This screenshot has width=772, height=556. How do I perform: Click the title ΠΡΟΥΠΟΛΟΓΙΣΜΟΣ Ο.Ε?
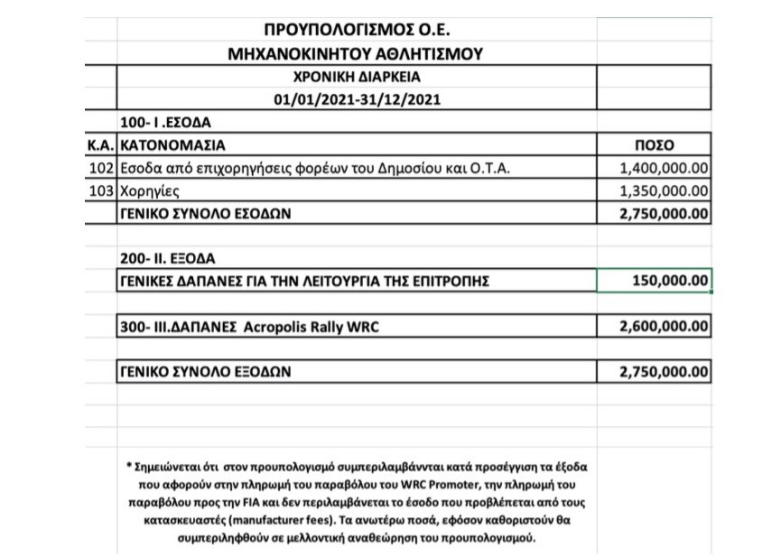point(355,32)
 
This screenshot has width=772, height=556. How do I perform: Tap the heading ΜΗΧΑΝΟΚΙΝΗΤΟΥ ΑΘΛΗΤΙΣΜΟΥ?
point(355,54)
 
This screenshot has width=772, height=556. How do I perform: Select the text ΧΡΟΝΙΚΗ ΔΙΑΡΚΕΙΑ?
point(355,77)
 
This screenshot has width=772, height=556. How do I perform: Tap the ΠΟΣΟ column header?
point(656,144)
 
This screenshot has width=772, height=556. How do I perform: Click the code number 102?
point(102,168)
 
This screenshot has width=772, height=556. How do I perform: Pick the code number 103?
point(102,190)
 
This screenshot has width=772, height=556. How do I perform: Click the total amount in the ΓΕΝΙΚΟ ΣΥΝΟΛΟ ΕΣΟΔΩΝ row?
point(663,214)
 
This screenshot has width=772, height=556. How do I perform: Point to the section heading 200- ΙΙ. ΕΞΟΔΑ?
point(164,258)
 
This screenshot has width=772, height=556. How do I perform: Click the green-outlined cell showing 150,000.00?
point(655,281)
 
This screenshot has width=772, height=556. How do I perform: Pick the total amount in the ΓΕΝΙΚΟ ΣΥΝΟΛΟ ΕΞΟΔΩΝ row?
point(663,371)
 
